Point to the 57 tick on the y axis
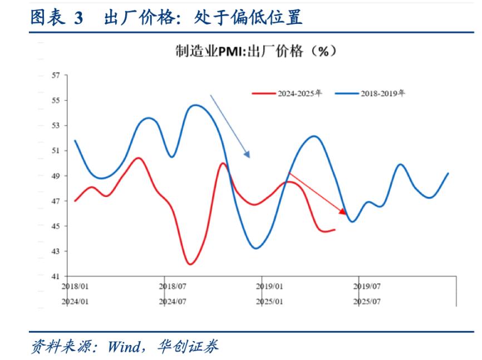point(55,75)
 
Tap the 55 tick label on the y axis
point(55,101)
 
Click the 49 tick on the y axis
point(55,176)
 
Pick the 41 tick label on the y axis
point(55,277)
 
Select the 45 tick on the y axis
point(55,226)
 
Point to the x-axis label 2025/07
point(367,301)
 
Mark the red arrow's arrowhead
point(344,212)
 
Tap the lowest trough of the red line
point(190,264)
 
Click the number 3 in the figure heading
point(77,18)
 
